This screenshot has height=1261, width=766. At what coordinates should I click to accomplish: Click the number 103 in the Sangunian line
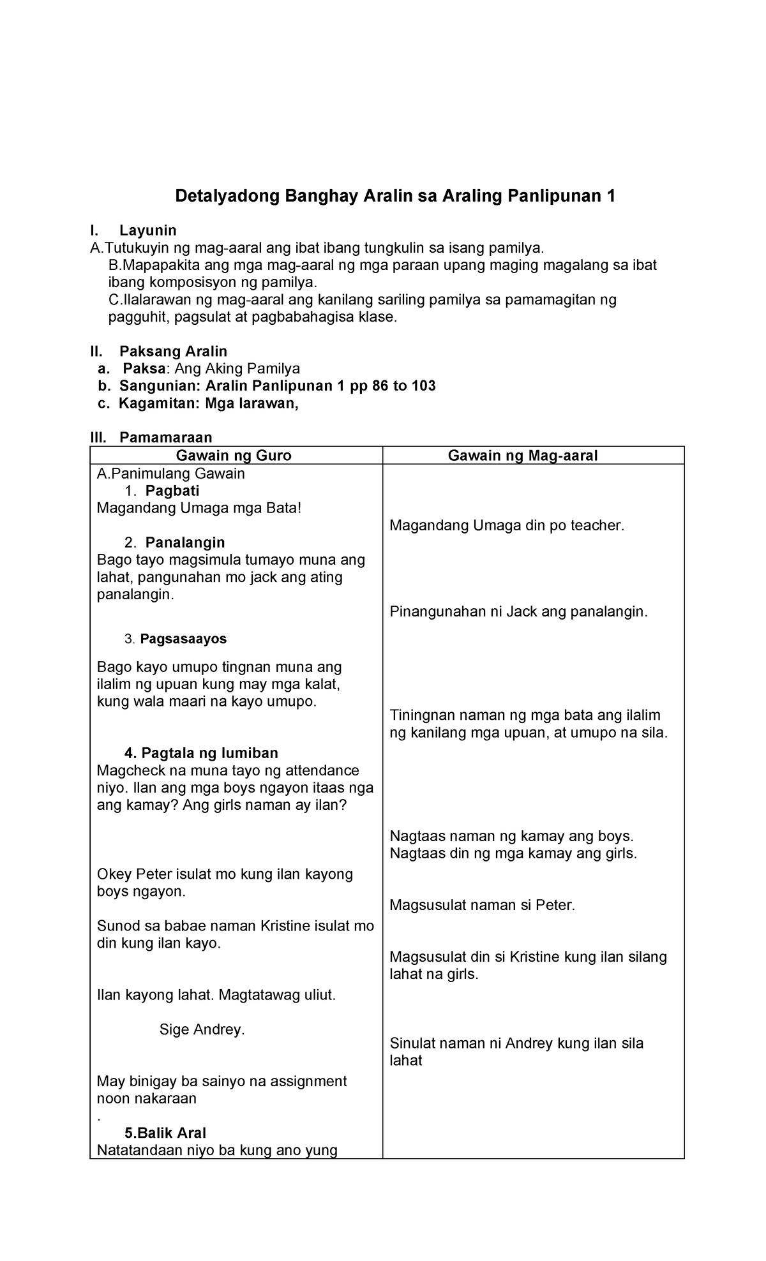click(x=424, y=385)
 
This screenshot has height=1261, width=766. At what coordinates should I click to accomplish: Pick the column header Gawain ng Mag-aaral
click(x=523, y=455)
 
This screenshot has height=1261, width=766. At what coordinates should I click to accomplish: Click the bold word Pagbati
click(x=172, y=491)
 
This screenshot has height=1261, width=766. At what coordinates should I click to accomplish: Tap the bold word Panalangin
click(x=185, y=542)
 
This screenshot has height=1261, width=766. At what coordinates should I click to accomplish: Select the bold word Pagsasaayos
click(x=183, y=639)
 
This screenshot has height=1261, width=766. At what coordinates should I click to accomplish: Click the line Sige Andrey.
click(x=202, y=1029)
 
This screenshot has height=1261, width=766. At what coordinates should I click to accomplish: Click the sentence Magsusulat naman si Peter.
click(x=482, y=905)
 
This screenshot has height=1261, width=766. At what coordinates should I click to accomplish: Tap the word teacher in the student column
click(x=598, y=526)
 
